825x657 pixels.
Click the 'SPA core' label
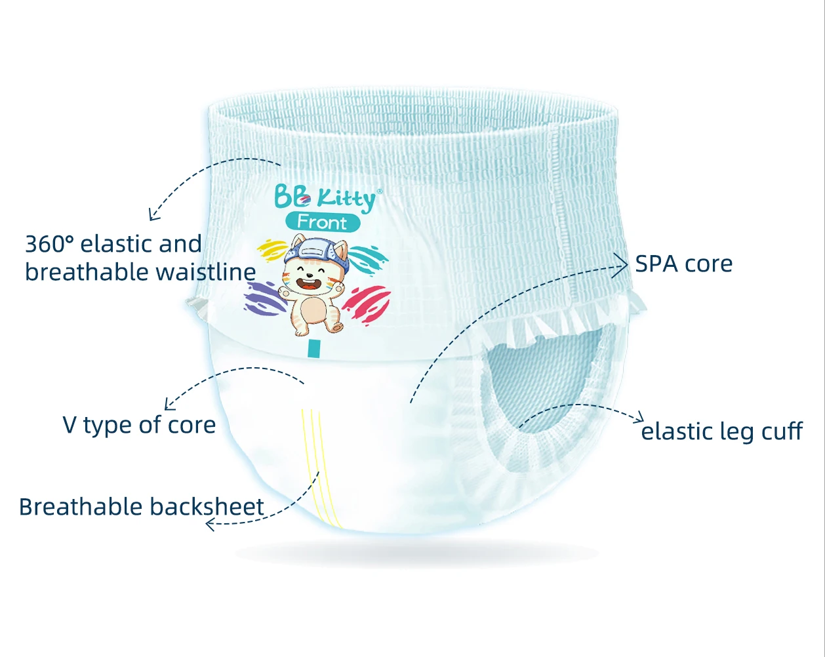[683, 264]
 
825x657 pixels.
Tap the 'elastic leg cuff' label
[721, 431]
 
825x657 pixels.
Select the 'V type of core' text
[139, 425]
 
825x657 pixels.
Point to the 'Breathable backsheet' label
[141, 507]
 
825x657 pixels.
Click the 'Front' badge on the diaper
[322, 222]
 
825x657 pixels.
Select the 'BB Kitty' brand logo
[326, 197]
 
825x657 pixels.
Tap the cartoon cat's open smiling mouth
[308, 285]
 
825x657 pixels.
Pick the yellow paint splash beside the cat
[272, 250]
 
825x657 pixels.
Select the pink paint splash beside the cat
[367, 302]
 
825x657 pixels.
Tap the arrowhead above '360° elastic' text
[153, 214]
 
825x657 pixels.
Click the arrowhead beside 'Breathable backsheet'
[210, 524]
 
